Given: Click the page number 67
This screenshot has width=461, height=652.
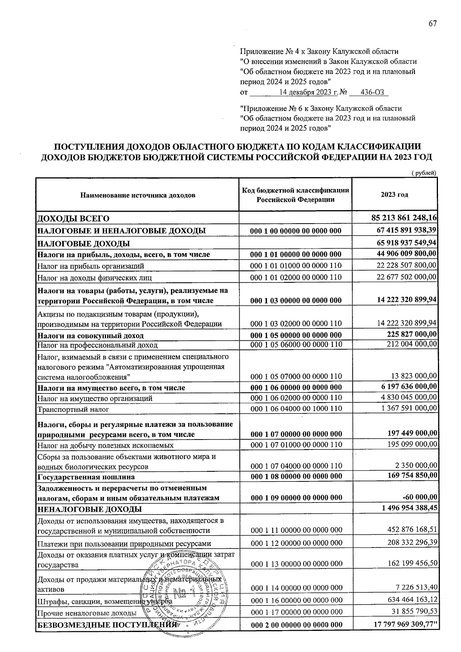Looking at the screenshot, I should pos(433,24).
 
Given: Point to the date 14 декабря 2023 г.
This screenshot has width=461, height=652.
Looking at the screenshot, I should pos(308,92).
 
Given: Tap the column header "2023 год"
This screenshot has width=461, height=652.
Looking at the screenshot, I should pos(394,194).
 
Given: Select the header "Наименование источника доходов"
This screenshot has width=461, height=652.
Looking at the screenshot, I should pos(138,195).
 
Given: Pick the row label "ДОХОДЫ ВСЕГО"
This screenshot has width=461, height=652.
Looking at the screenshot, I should pos(73,219).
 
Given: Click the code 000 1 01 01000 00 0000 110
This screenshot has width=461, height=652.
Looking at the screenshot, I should pos(296,265).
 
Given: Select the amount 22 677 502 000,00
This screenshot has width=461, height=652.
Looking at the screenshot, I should pos(406,277).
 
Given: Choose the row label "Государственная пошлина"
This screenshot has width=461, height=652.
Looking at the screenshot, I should pos(86,477).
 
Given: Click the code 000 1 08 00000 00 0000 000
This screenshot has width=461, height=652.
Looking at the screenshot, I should pos(296,477).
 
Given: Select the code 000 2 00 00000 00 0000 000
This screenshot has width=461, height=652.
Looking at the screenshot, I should pos(296,625).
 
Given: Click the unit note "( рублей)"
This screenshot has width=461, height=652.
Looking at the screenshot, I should pos(424,173).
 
